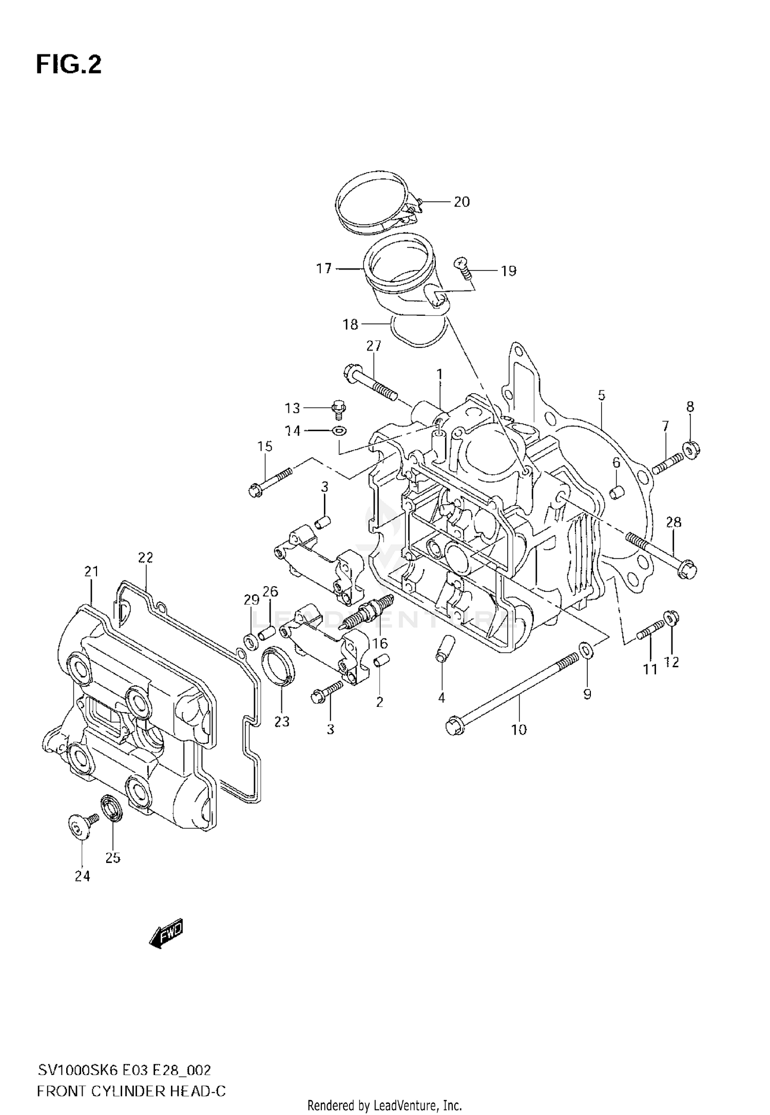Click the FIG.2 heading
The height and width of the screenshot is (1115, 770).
(68, 65)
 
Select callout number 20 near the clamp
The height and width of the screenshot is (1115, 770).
(461, 202)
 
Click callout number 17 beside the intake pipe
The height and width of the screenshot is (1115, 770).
(324, 268)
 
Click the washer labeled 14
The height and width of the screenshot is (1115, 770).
(339, 430)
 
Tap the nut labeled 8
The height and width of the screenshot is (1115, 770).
(691, 450)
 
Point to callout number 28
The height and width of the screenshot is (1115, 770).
(673, 523)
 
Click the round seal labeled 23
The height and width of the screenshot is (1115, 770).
(279, 666)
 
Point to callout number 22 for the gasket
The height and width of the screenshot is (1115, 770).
(145, 557)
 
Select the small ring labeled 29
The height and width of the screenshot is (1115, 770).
(251, 641)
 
